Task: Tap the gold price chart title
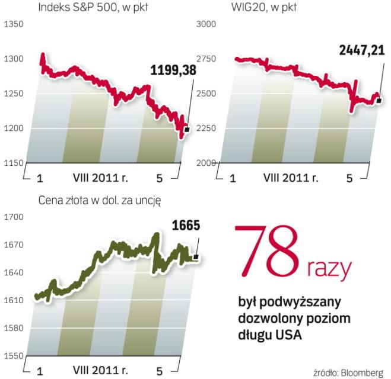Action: coord(99,200)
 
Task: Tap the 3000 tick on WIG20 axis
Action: coord(205,24)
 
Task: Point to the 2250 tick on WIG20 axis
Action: coord(205,129)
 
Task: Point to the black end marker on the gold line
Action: coord(196,256)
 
